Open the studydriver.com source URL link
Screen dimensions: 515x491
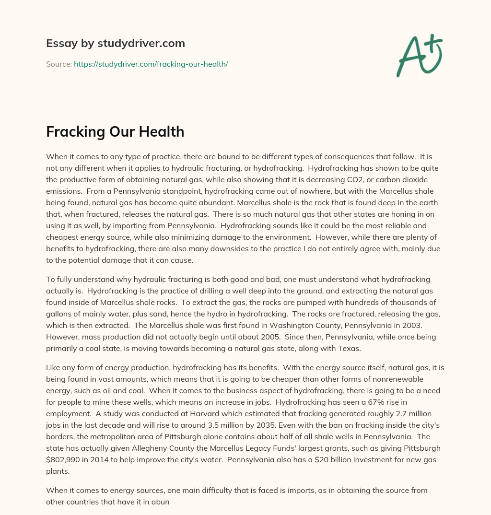click(x=151, y=64)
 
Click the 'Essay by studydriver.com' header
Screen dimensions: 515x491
click(x=116, y=43)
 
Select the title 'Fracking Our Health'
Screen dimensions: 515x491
click(x=115, y=131)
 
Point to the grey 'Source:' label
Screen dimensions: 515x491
click(x=58, y=64)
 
